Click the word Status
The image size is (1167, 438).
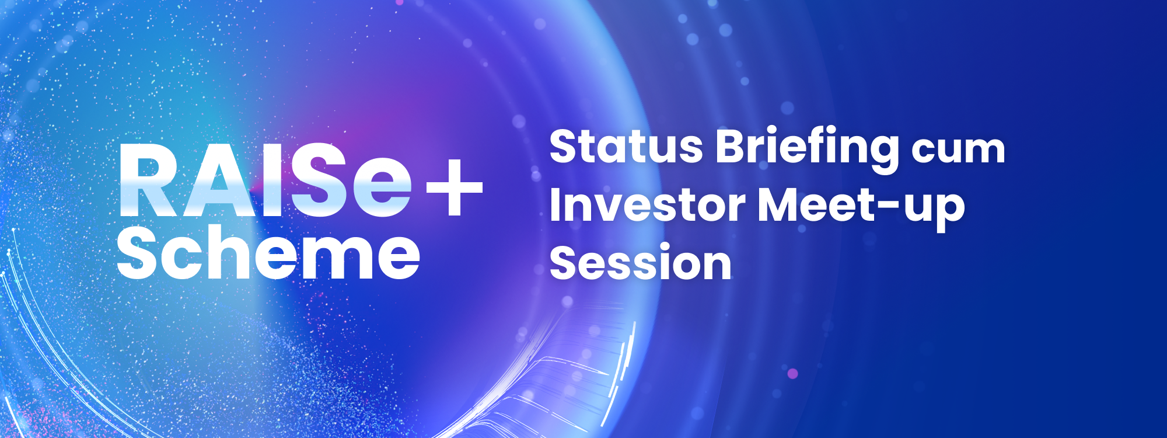(x=626, y=146)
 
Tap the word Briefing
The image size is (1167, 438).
(x=808, y=147)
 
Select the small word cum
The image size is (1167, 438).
(x=959, y=151)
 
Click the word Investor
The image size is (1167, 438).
(x=647, y=206)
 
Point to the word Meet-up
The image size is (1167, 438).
(x=861, y=207)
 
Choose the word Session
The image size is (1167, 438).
(x=640, y=264)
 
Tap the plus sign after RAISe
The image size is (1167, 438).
(x=454, y=187)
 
